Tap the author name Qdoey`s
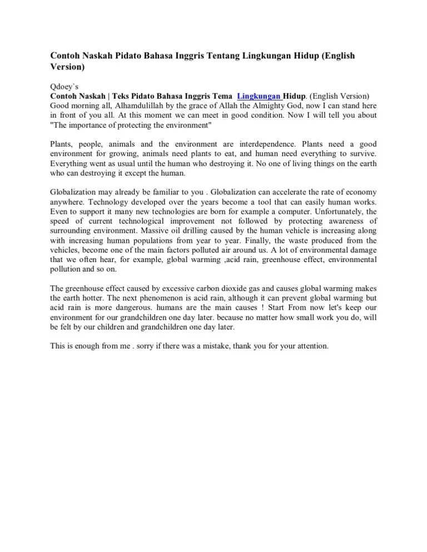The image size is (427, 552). pyautogui.click(x=64, y=87)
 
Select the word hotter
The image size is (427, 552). pyautogui.click(x=96, y=298)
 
